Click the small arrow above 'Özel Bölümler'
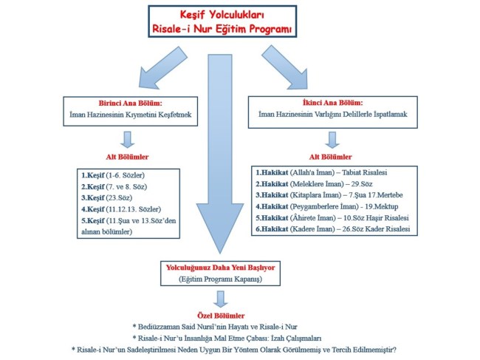[222, 299]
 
